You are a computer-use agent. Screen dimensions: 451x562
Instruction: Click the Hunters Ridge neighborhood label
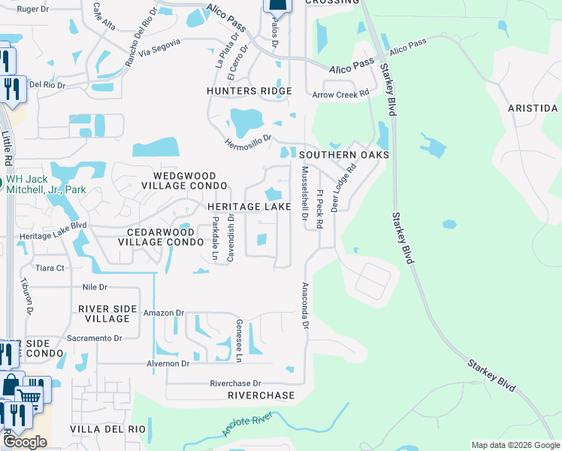coord(249,91)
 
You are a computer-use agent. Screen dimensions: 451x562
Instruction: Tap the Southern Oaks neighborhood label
coord(344,155)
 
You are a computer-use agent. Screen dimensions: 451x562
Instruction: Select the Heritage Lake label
coord(244,207)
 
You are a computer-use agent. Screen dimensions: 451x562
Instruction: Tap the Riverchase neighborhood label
coord(261,395)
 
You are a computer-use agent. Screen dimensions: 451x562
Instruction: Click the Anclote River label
coord(246,425)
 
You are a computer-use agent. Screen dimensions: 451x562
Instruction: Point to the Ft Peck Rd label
coord(319,208)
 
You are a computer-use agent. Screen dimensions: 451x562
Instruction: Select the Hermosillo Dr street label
coord(246,143)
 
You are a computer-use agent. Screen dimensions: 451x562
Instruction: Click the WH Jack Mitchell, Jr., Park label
coord(45,185)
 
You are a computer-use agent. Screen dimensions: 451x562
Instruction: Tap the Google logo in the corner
coord(24,442)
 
